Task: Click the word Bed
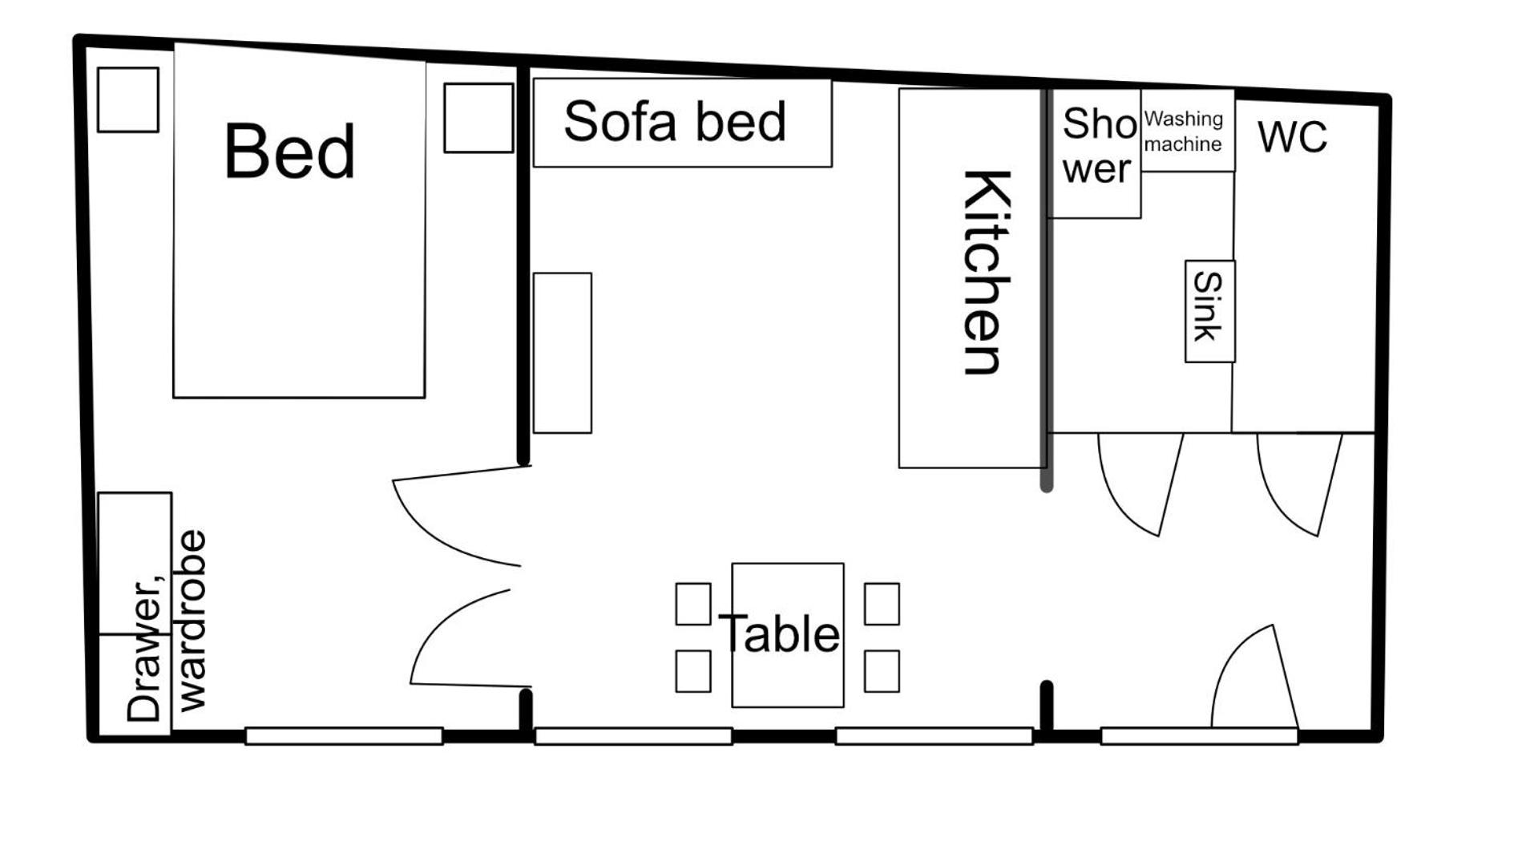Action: click(x=289, y=151)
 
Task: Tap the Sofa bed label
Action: click(x=675, y=122)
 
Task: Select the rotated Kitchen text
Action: click(x=986, y=272)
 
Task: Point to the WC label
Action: click(x=1292, y=136)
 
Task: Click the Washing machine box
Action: click(x=1188, y=130)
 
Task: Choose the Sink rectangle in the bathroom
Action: click(x=1210, y=311)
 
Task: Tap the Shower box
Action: click(x=1095, y=153)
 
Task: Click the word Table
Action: click(x=779, y=633)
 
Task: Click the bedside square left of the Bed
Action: click(x=128, y=99)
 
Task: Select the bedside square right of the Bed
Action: click(x=478, y=118)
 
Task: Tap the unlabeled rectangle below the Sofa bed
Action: click(x=563, y=353)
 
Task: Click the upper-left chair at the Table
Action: click(x=693, y=604)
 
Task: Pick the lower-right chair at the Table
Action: click(x=882, y=671)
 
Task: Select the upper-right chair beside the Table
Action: click(x=882, y=604)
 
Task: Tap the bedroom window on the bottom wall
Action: click(x=344, y=736)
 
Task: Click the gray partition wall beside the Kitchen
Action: click(x=1046, y=289)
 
